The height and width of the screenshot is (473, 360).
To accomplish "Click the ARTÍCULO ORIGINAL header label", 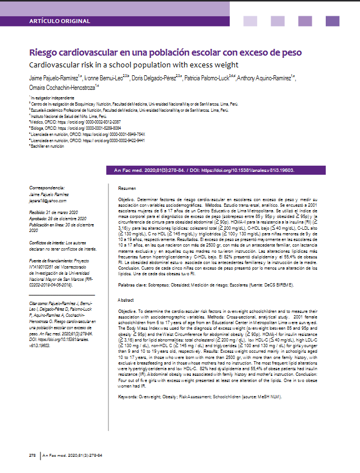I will pyautogui.click(x=60, y=21).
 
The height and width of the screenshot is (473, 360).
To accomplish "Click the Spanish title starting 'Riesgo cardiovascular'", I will pyautogui.click(x=165, y=53).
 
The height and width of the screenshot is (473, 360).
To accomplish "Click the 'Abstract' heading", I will pyautogui.click(x=126, y=301).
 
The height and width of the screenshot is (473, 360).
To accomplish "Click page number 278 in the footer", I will pyautogui.click(x=33, y=454).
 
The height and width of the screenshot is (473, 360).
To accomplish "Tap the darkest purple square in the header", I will pyautogui.click(x=332, y=21).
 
